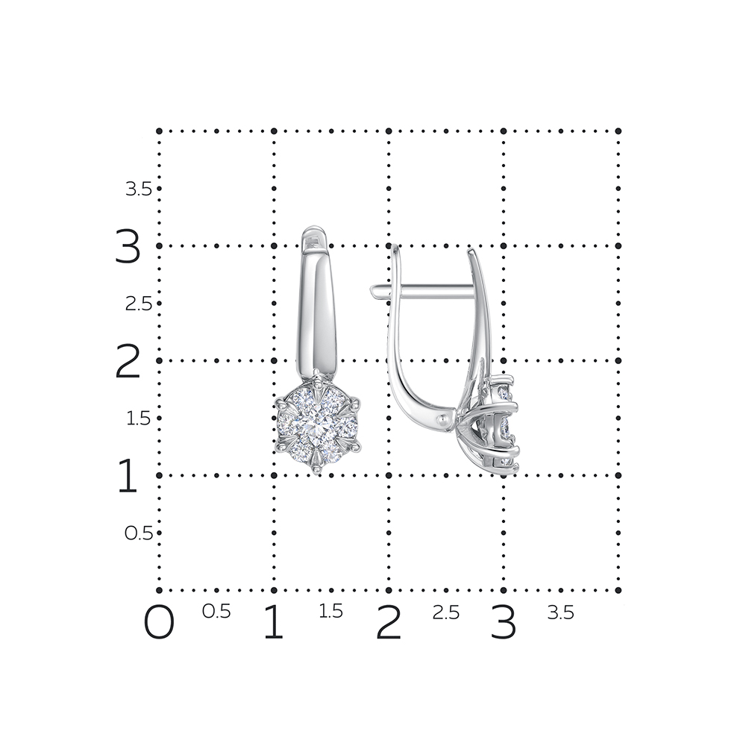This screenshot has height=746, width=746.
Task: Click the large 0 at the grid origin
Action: tap(159, 622)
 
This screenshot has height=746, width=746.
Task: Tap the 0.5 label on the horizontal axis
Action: tap(216, 612)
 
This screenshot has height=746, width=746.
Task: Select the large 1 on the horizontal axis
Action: tap(274, 622)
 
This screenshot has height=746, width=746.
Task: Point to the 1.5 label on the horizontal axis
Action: tap(330, 612)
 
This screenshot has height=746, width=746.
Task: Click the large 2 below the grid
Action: tap(389, 622)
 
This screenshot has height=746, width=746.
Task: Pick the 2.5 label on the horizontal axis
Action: tap(446, 612)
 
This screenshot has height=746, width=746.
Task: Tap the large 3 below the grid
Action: tap(504, 622)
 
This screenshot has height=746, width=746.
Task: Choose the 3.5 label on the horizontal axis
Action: tap(560, 612)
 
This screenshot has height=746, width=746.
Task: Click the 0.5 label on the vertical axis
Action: tap(139, 533)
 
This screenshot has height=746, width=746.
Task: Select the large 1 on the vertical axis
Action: tap(128, 475)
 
